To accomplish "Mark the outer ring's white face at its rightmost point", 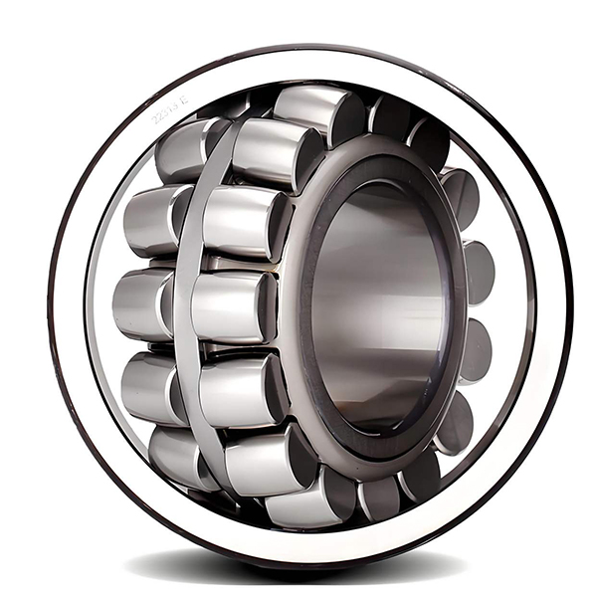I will [x=552, y=298].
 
